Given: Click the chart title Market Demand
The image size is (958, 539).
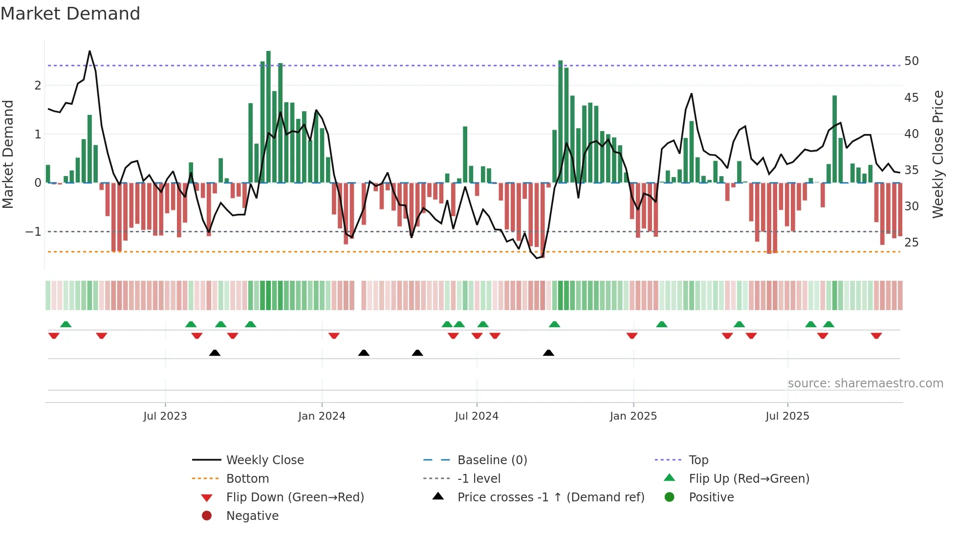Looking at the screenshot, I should tap(70, 14).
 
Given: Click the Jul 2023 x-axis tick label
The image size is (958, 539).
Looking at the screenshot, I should tap(165, 416).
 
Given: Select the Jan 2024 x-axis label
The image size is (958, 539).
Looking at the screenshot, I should tap(322, 416).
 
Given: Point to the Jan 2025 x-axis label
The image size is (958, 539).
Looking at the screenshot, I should tap(633, 416).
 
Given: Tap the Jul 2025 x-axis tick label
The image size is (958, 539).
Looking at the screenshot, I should tap(787, 416).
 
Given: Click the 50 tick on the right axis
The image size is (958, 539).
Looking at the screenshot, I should tap(911, 61).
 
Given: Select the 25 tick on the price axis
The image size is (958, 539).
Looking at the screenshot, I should tap(911, 243).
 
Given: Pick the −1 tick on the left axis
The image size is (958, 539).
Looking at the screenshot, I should tap(33, 232).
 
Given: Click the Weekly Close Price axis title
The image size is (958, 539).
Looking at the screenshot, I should tap(937, 154).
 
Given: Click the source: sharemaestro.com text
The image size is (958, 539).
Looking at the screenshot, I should tap(865, 383).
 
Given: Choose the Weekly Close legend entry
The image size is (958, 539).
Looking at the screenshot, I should tap(264, 460).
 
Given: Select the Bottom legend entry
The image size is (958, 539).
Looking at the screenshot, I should tap(247, 479).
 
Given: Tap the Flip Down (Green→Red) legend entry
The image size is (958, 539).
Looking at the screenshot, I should tap(295, 497).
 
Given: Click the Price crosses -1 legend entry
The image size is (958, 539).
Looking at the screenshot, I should tap(550, 497).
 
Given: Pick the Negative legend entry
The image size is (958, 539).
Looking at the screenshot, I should tap(252, 516).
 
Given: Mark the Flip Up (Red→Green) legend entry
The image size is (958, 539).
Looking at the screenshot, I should tap(749, 479).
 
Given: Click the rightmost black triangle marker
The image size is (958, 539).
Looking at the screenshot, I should tap(548, 353).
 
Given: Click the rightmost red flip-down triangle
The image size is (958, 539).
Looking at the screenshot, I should tap(876, 336).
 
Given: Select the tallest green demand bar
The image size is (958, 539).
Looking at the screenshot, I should tap(268, 117).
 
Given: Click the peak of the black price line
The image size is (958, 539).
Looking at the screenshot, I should tap(89, 51).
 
